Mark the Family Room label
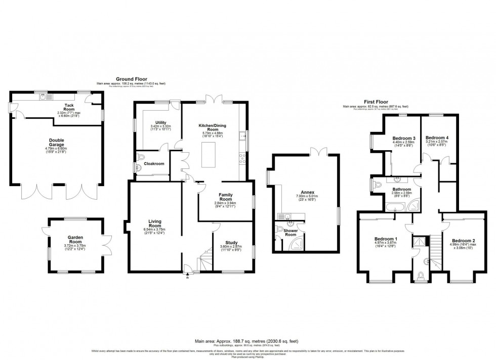[225, 197]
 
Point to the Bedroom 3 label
[404, 139]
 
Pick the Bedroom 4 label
[437, 138]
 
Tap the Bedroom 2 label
[463, 240]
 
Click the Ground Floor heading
[131, 79]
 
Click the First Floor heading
[375, 102]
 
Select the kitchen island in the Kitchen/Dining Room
[210, 155]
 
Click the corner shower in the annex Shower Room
[297, 244]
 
